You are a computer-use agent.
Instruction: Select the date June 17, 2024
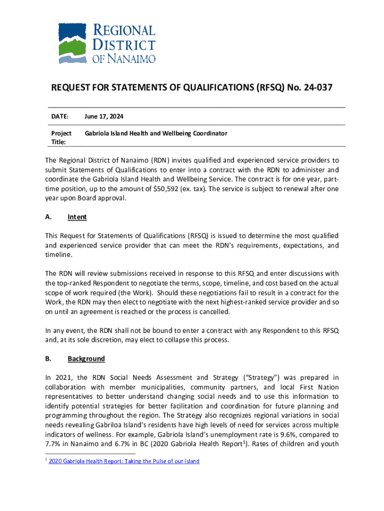click(104, 116)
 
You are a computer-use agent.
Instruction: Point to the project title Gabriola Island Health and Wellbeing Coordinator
click(156, 133)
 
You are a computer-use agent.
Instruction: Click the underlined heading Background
click(86, 359)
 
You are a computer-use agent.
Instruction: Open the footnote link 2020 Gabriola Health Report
click(124, 461)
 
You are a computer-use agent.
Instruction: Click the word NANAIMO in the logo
click(131, 59)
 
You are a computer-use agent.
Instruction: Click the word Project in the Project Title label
click(61, 133)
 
